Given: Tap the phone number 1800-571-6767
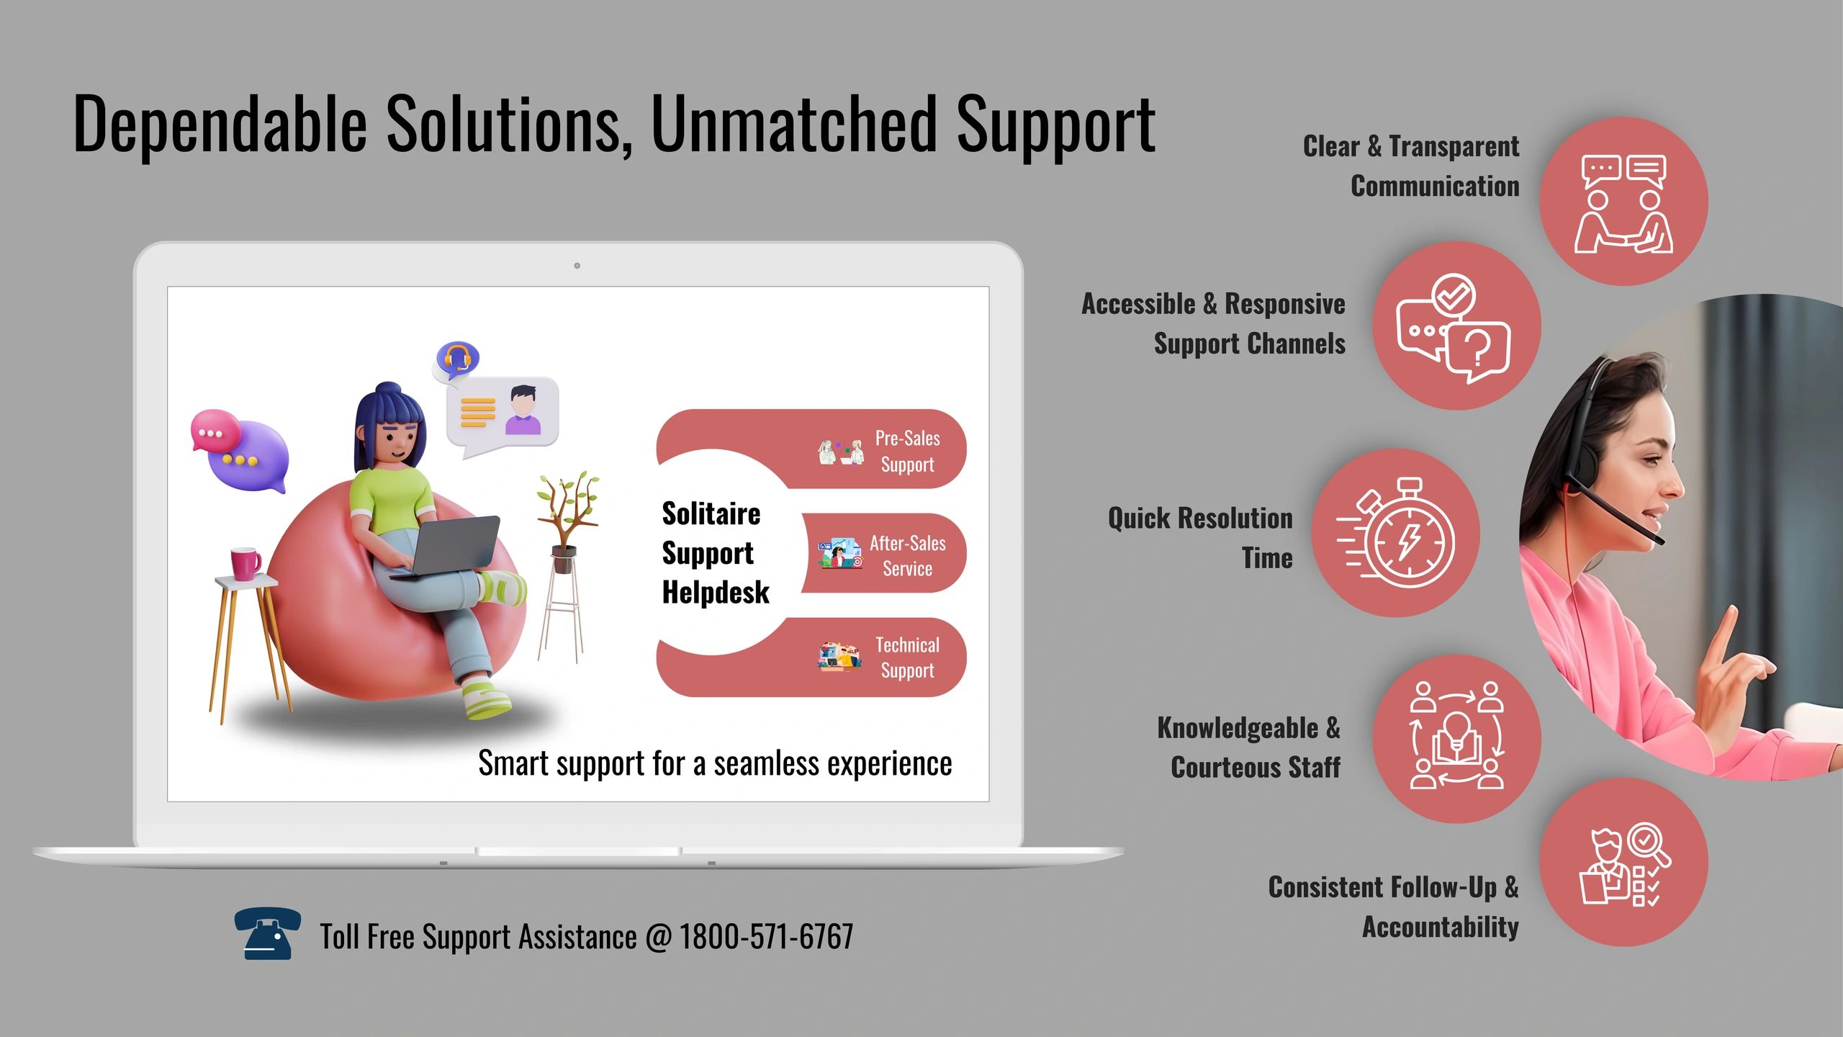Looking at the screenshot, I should point(766,937).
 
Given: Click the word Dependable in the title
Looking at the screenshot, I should point(220,124).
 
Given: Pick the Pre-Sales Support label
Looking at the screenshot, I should point(907,451).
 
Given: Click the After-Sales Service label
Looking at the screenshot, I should point(907,555).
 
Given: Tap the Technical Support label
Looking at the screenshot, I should point(907,657).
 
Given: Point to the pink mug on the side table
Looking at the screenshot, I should point(245,563).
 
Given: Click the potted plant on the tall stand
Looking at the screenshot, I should point(567,518).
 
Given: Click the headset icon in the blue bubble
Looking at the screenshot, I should point(457,358).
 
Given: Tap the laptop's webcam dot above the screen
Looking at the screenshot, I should point(577,266).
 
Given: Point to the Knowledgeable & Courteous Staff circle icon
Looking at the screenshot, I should point(1456,738).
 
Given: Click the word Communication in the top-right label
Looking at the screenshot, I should point(1435,187).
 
